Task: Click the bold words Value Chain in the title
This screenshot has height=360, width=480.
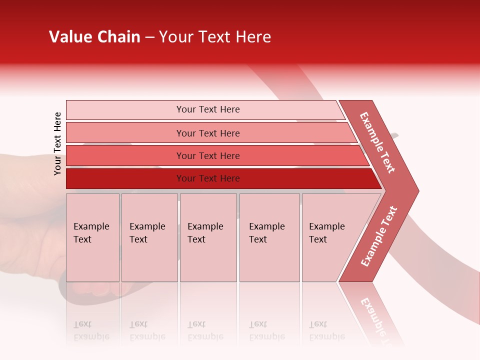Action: click(94, 37)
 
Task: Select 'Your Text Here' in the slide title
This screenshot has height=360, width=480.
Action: click(215, 37)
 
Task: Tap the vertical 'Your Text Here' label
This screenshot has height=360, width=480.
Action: click(57, 144)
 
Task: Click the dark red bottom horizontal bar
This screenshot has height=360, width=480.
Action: click(125, 178)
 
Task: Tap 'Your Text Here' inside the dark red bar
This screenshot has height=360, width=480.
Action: click(208, 178)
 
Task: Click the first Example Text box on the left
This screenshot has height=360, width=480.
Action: click(92, 237)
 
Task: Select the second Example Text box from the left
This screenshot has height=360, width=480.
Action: click(149, 237)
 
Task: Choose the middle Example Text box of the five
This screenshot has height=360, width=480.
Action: click(208, 237)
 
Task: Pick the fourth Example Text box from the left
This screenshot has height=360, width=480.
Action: click(269, 237)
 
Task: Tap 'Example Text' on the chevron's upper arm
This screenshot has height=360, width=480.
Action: click(377, 142)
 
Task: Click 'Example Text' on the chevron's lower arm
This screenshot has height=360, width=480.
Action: click(379, 236)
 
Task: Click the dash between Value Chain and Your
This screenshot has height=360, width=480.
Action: click(149, 37)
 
